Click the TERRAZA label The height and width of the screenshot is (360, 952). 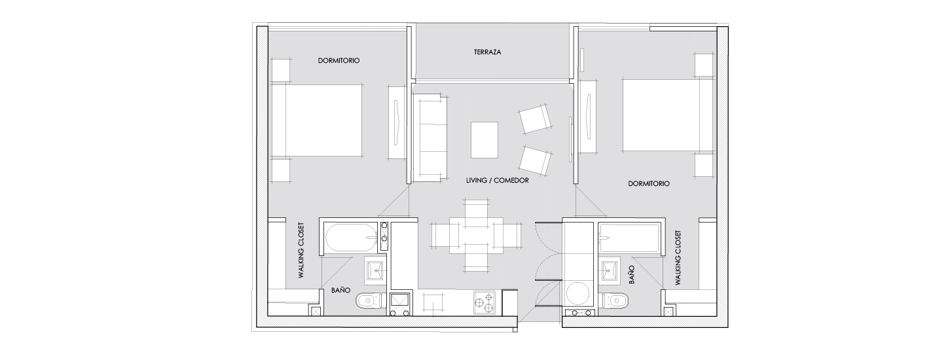[x=488, y=52]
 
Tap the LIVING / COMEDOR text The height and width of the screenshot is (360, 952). [x=497, y=180]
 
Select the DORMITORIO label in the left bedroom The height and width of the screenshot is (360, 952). [x=339, y=61]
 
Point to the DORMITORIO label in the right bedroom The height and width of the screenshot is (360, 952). [x=649, y=184]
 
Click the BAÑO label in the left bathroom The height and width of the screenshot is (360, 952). [x=341, y=291]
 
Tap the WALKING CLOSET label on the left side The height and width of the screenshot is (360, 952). [x=301, y=250]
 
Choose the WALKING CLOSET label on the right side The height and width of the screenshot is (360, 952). [x=678, y=258]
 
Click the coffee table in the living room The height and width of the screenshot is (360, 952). [x=485, y=140]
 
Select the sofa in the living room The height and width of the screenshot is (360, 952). [x=431, y=138]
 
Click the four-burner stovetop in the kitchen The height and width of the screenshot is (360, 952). [x=485, y=302]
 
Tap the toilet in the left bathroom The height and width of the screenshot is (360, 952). [x=371, y=301]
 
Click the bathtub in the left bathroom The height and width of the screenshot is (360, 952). [x=352, y=240]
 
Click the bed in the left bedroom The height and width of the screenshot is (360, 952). [x=317, y=120]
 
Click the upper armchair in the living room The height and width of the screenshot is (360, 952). [x=535, y=118]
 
